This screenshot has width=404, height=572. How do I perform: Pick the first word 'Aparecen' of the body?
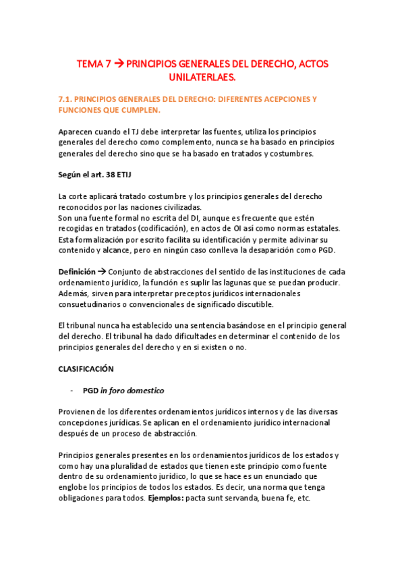pos(76,132)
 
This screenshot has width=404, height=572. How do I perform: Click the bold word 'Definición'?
pos(77,272)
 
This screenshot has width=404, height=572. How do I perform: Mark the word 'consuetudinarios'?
pos(95,304)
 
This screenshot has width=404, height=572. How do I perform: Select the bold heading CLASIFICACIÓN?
pos(86,369)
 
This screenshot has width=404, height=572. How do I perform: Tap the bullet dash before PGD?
pos(72,391)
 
